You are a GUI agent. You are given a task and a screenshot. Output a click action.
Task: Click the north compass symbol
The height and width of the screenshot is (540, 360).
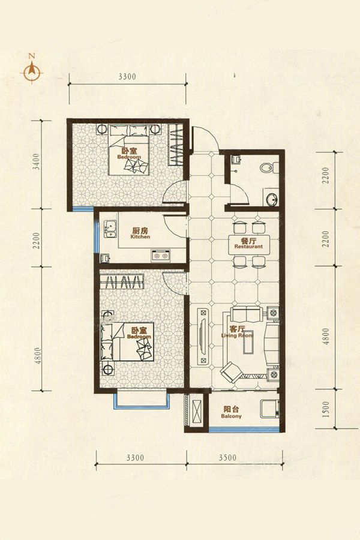32,71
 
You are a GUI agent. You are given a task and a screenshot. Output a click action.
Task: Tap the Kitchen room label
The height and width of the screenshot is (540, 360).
140,233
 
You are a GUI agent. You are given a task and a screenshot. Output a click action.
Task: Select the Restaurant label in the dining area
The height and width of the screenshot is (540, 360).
248,244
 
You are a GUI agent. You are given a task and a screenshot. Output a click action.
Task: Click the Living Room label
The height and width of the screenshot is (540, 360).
238,332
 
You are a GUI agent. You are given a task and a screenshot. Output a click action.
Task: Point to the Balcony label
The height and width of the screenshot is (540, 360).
232,412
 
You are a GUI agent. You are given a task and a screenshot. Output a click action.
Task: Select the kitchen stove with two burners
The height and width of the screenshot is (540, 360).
161,256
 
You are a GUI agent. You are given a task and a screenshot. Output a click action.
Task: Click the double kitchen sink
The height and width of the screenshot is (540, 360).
110,229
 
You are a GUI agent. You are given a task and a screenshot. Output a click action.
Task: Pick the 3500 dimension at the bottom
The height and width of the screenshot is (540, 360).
228,457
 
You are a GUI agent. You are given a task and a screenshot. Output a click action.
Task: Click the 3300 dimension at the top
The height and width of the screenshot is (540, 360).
127,77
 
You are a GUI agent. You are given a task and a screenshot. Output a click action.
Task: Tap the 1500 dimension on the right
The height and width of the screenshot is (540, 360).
326,409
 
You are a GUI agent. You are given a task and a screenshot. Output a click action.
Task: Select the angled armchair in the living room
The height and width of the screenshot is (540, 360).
231,372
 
